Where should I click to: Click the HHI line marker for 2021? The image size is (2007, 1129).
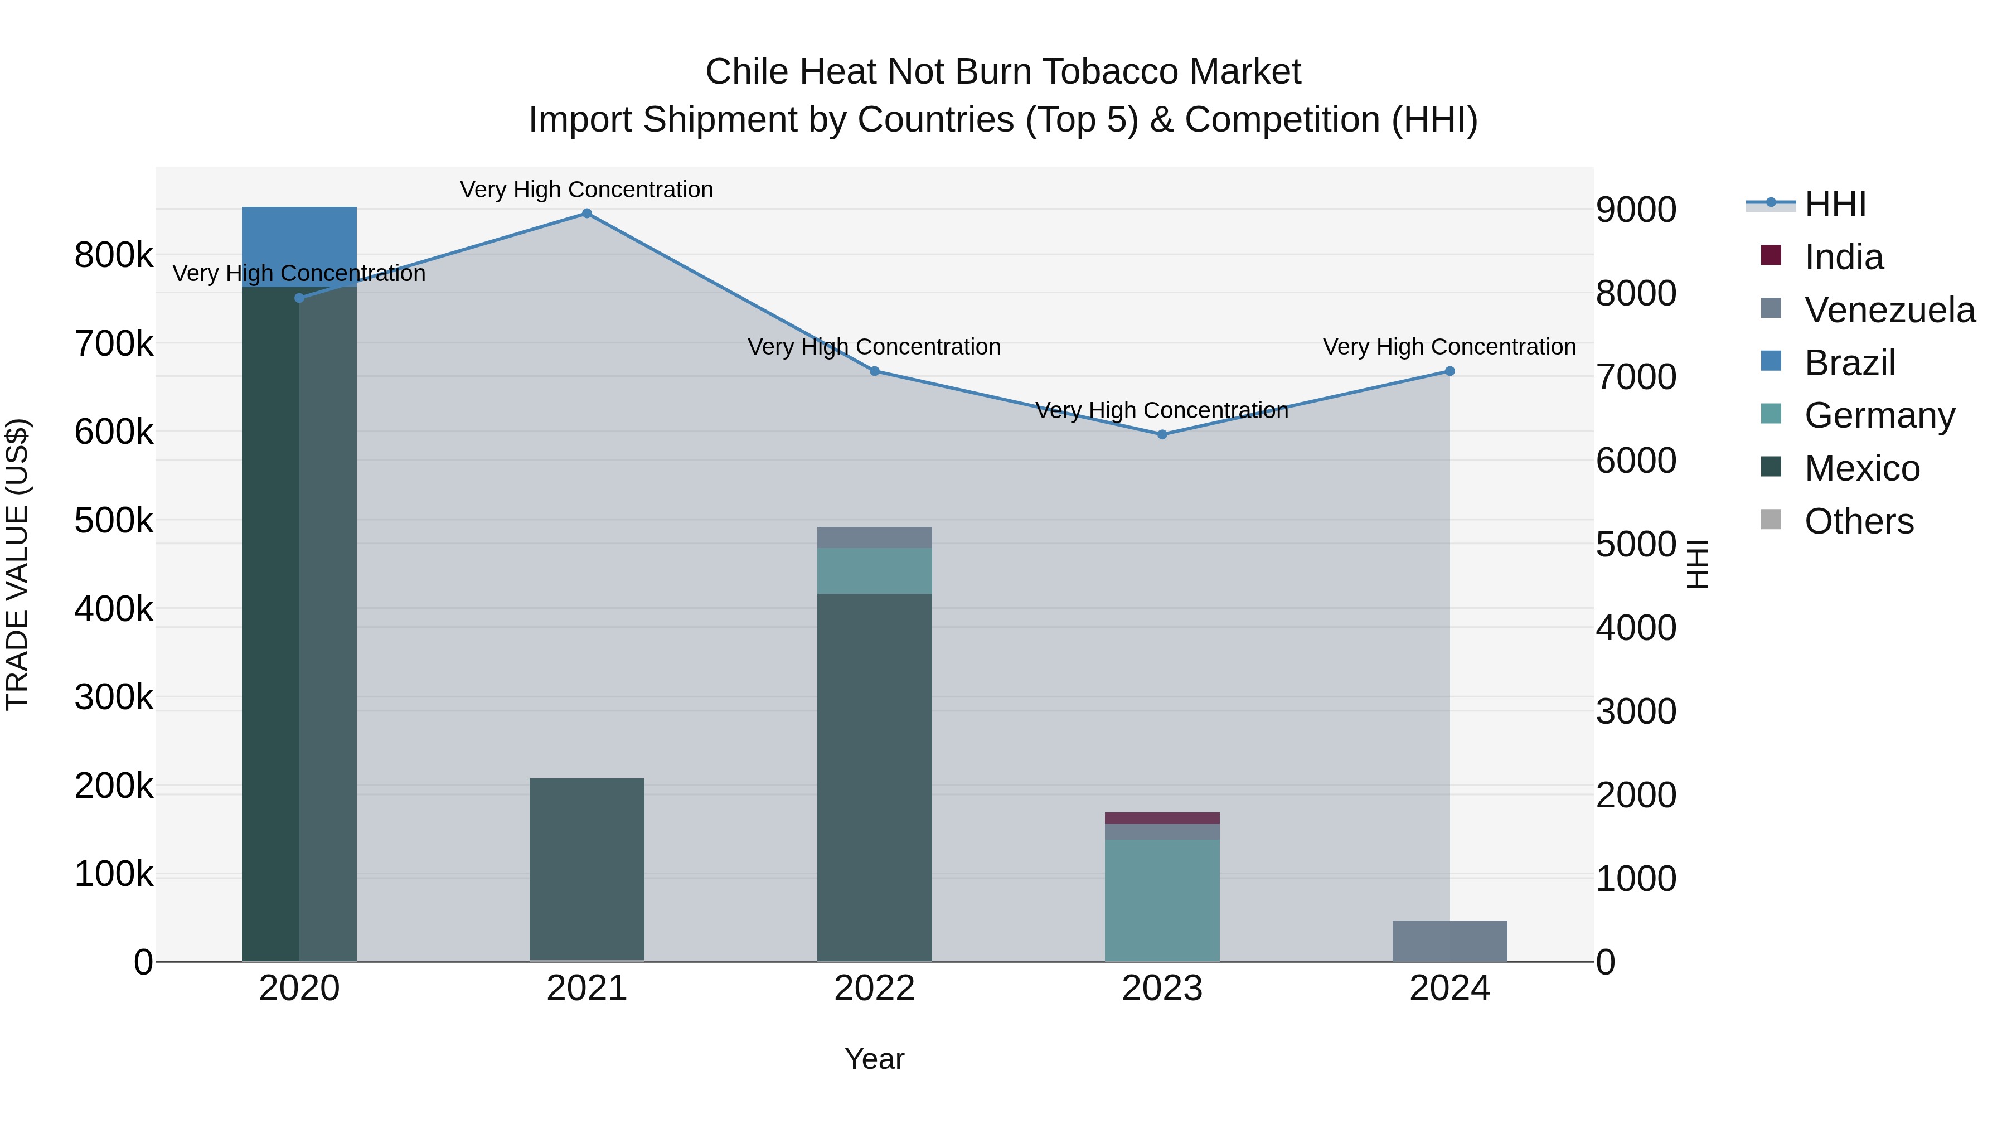586,214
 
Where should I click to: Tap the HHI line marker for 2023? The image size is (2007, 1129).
1162,434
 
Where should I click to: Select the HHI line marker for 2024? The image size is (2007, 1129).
1449,372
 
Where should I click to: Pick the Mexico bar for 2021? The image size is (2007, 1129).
586,868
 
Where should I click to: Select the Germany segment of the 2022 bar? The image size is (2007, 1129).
874,570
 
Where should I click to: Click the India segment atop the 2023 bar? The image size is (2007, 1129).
1162,818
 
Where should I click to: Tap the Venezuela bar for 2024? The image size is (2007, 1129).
1449,941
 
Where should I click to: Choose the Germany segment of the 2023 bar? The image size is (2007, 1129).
1162,900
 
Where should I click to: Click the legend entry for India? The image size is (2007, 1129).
1844,257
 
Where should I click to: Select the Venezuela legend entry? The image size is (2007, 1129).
1889,310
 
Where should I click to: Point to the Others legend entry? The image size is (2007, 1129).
1858,521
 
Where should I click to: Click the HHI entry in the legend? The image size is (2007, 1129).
1835,204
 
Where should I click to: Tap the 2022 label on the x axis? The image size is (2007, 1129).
874,989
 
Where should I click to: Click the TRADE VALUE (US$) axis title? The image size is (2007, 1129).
18,564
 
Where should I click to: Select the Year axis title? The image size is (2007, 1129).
874,1059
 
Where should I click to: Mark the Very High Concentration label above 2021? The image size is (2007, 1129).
586,190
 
